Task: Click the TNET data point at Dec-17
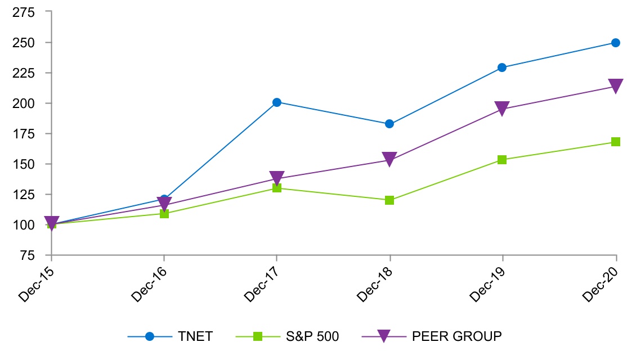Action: [276, 102]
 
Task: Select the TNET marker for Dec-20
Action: [615, 43]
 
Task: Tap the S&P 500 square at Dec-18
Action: [389, 200]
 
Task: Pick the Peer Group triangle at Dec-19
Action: [502, 109]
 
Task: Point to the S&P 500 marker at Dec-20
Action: [615, 142]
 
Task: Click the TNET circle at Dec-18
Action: [389, 124]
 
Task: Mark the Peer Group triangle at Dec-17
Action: [276, 178]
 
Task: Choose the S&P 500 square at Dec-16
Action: [164, 214]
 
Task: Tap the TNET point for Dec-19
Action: [502, 67]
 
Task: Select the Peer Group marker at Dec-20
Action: [615, 86]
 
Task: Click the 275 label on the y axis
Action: [23, 12]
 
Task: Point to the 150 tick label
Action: [23, 164]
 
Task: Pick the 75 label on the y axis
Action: [26, 255]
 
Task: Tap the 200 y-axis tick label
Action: [23, 103]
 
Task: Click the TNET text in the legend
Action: [195, 336]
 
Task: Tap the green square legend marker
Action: [258, 336]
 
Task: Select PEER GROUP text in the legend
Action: [456, 336]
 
